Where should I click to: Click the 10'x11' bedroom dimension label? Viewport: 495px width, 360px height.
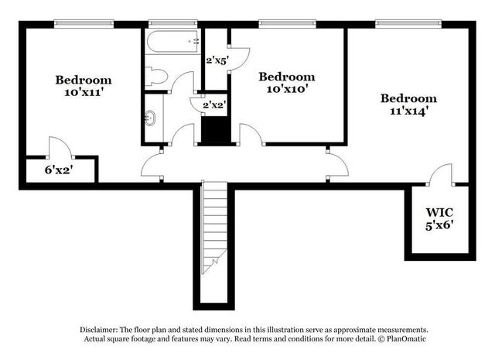coord(83,93)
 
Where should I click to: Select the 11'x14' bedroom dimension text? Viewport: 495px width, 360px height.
coord(408,111)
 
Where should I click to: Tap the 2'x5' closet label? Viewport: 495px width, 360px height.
coord(217,59)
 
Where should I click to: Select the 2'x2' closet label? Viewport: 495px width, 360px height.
coord(214,105)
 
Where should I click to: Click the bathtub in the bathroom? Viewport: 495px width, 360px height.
coord(172,43)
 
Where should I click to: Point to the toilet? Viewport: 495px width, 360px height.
coord(155,76)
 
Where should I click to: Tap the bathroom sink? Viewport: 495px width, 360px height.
coord(150,118)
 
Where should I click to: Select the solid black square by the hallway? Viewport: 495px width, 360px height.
coord(214,129)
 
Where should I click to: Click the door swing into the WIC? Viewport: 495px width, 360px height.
coord(442,175)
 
